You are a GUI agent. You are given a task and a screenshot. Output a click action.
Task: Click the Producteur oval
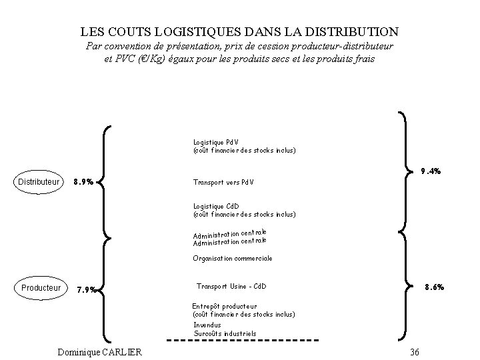pyautogui.click(x=41, y=288)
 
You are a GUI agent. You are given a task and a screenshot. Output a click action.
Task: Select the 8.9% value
pyautogui.click(x=83, y=181)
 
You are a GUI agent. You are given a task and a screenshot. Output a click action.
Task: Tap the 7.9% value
pyautogui.click(x=88, y=289)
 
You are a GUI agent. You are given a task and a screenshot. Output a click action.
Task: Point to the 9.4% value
pyautogui.click(x=431, y=171)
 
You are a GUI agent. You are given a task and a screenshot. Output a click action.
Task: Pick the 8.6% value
pyautogui.click(x=434, y=287)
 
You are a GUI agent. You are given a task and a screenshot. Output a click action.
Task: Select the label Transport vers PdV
pyautogui.click(x=223, y=182)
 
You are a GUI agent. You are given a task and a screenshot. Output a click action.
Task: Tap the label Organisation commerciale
pyautogui.click(x=233, y=258)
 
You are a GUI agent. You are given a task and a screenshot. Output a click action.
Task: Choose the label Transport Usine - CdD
pyautogui.click(x=231, y=287)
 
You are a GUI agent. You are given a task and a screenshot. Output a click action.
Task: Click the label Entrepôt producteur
pyautogui.click(x=224, y=306)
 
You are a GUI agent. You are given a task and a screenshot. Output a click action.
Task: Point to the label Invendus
pyautogui.click(x=207, y=325)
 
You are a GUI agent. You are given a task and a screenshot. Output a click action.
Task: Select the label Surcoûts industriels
pyautogui.click(x=225, y=333)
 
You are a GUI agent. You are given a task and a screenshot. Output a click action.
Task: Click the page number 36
pyautogui.click(x=415, y=352)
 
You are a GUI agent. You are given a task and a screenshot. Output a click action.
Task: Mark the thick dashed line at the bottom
pyautogui.click(x=241, y=341)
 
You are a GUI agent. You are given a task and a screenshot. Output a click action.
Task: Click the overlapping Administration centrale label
pyautogui.click(x=229, y=237)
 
